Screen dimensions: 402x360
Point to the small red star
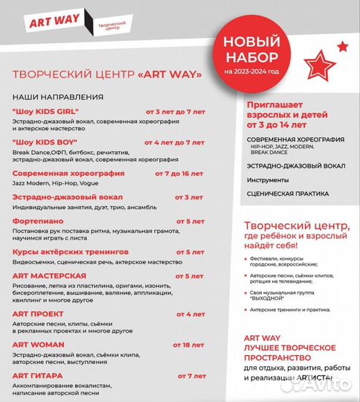coord(342,46)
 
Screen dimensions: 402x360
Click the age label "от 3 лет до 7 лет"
coord(174,111)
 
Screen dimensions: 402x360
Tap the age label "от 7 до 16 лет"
coord(179,173)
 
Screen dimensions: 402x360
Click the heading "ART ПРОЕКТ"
coord(37,313)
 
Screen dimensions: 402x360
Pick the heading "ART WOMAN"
coord(38,345)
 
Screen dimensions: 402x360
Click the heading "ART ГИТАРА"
coord(38,375)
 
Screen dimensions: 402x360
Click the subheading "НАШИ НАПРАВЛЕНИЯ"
coord(57,97)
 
